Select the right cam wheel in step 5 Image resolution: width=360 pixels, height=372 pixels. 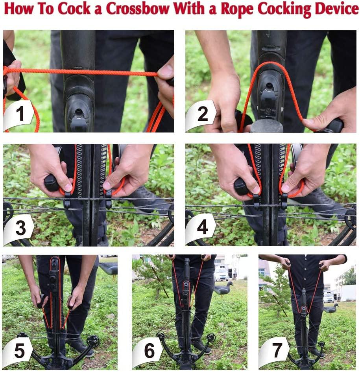(93, 341)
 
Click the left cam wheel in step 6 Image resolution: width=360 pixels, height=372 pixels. (160, 336)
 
